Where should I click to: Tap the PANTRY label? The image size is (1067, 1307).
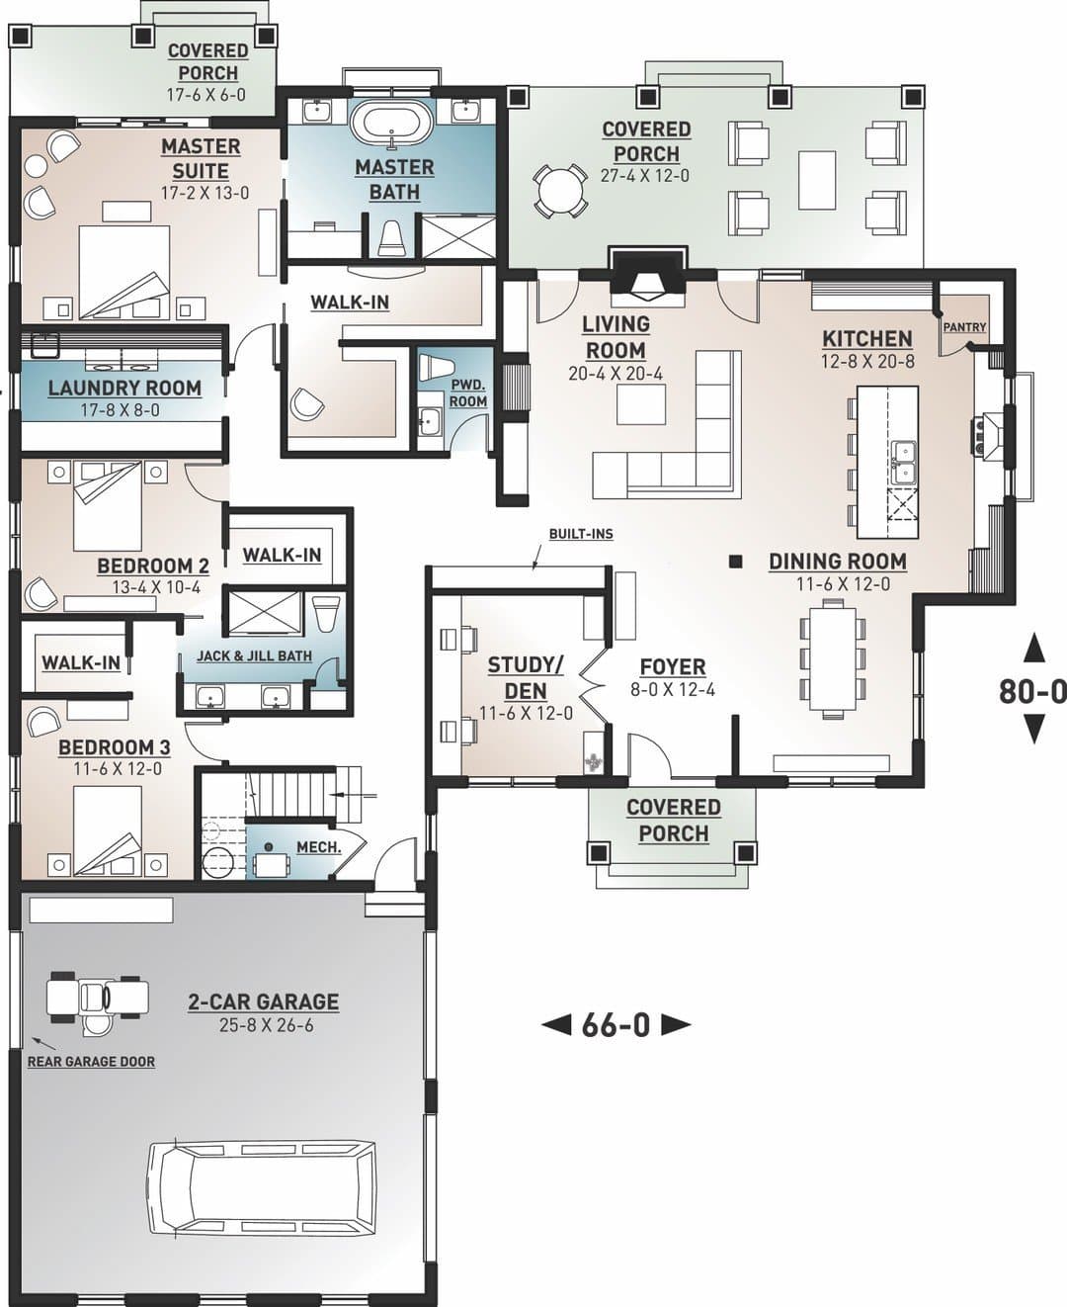pyautogui.click(x=965, y=326)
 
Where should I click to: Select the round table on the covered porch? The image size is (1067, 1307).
pyautogui.click(x=560, y=191)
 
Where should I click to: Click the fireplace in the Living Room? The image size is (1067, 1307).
pyautogui.click(x=648, y=277)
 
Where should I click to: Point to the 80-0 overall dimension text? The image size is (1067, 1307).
pyautogui.click(x=1032, y=692)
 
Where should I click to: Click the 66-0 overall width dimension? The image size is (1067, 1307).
pyautogui.click(x=616, y=1025)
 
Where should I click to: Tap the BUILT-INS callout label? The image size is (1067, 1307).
pyautogui.click(x=581, y=534)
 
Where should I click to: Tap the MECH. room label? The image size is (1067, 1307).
pyautogui.click(x=319, y=846)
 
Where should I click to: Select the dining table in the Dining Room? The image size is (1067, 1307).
pyautogui.click(x=832, y=659)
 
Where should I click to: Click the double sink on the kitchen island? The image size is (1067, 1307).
pyautogui.click(x=904, y=463)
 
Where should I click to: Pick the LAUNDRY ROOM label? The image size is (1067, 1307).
pyautogui.click(x=125, y=388)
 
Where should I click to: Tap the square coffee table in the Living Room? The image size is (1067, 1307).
pyautogui.click(x=641, y=404)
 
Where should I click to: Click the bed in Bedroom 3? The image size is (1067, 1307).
pyautogui.click(x=108, y=831)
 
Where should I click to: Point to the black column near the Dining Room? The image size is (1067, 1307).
pyautogui.click(x=735, y=562)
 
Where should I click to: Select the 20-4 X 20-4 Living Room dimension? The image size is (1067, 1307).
pyautogui.click(x=616, y=374)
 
